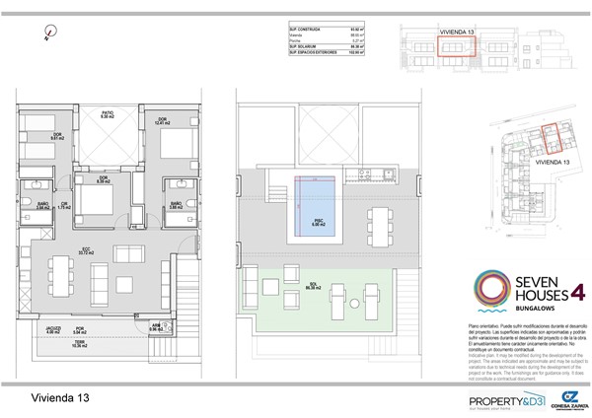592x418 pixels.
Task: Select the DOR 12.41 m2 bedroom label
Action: [x=164, y=120]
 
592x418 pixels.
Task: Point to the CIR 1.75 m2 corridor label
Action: [x=63, y=205]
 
